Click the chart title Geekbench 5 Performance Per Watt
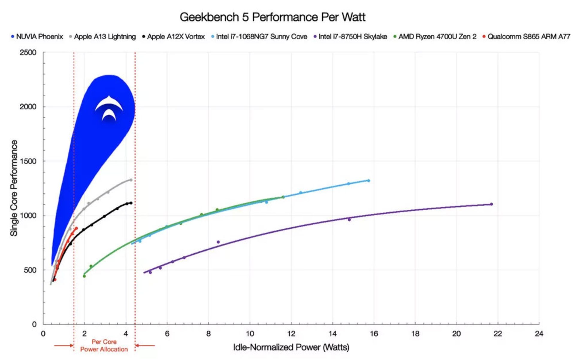click(272, 17)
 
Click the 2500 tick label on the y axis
click(28, 52)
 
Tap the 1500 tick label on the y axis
click(28, 161)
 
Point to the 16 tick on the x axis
click(374, 333)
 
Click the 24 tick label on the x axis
click(539, 333)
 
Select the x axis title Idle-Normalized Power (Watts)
click(291, 347)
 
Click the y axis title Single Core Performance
click(14, 188)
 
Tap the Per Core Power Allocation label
click(104, 345)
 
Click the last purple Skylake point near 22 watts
click(491, 204)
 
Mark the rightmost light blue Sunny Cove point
click(369, 181)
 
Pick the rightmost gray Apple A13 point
click(131, 180)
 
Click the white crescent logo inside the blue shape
click(109, 108)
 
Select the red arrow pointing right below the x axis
click(63, 345)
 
